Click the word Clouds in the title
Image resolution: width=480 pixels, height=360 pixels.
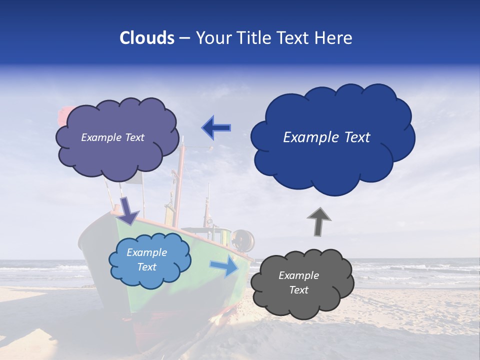(x=147, y=38)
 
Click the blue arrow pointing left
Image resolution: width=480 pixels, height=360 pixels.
(x=216, y=127)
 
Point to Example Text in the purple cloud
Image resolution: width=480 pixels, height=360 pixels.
(x=112, y=137)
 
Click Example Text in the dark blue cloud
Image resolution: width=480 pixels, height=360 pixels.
(x=326, y=137)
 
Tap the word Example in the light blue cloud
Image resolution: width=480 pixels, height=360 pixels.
(x=146, y=252)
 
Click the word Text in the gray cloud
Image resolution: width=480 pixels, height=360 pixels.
(x=298, y=290)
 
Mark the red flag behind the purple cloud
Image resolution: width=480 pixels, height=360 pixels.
(x=63, y=116)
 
